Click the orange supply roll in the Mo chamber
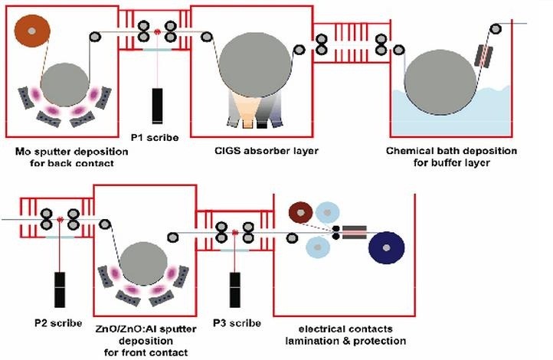31,31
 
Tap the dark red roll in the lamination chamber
300,211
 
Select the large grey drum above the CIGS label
255,66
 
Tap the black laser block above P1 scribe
157,106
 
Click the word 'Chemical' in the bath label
412,150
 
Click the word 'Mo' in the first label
22,150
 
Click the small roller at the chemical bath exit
496,29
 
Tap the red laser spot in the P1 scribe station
157,32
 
